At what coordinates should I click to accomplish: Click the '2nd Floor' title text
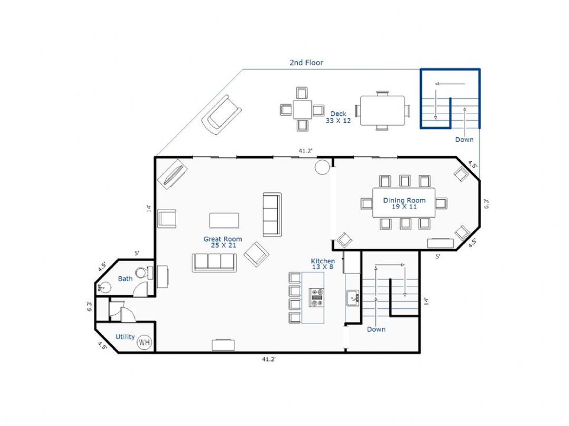[x=306, y=63]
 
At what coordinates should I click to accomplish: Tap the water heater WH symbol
[x=144, y=342]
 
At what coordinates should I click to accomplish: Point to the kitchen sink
[x=352, y=298]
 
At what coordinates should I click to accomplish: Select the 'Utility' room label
[x=125, y=337]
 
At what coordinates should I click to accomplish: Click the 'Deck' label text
[x=338, y=114]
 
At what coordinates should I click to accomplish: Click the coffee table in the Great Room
[x=225, y=220]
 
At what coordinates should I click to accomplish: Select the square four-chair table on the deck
[x=303, y=109]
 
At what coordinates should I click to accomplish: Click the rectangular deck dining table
[x=382, y=111]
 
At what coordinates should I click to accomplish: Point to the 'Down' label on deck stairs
[x=464, y=140]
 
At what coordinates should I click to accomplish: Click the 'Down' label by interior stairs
[x=376, y=330]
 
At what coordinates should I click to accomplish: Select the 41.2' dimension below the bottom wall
[x=269, y=359]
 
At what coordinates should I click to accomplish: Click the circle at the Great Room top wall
[x=322, y=167]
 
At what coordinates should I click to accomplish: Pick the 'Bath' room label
[x=125, y=279]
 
